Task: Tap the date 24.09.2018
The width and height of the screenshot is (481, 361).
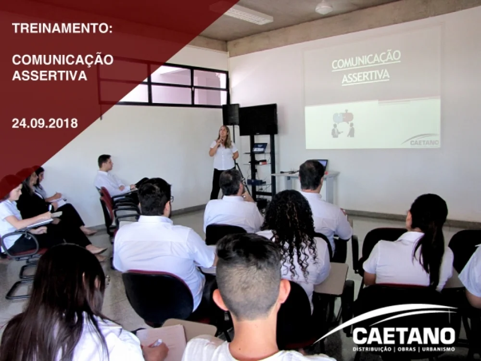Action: [x=45, y=123]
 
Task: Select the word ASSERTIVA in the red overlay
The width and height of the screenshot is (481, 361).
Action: [x=50, y=76]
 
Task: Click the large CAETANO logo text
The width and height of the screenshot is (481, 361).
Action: [x=404, y=336]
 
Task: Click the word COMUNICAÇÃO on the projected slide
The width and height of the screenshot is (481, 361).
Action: [x=366, y=60]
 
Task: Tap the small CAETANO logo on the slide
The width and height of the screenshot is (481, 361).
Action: [x=421, y=140]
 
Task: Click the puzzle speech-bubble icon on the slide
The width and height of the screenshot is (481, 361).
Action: [x=343, y=117]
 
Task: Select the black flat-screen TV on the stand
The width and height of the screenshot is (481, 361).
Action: [x=258, y=119]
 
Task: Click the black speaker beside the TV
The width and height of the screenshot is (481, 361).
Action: [x=231, y=114]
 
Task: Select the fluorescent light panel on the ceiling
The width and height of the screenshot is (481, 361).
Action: [x=242, y=13]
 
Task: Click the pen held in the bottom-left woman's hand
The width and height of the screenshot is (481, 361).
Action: [x=157, y=343]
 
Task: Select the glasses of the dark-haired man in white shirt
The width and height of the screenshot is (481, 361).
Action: [x=171, y=199]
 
